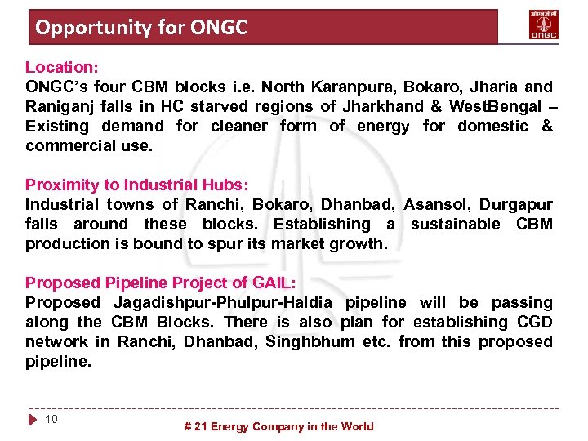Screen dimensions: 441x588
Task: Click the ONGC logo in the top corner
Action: pyautogui.click(x=544, y=26)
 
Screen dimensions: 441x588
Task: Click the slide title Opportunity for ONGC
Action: pyautogui.click(x=140, y=28)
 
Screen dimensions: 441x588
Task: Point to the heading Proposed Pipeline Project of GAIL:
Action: pyautogui.click(x=160, y=283)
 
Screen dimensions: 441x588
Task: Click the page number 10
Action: pyautogui.click(x=51, y=419)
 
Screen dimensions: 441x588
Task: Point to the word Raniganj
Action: pyautogui.click(x=60, y=106)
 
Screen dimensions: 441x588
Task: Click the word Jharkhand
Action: pyautogui.click(x=382, y=106)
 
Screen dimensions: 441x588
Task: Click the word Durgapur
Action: pyautogui.click(x=515, y=204)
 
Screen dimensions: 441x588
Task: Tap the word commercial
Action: pyautogui.click(x=65, y=145)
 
